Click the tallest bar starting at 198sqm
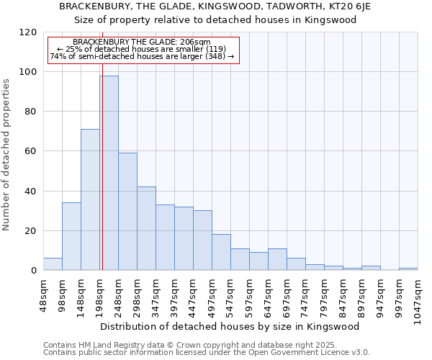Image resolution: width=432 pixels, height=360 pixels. tap(109, 173)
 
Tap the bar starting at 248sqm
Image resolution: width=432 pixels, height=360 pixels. tap(127, 212)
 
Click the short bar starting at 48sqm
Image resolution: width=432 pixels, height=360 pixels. tap(53, 264)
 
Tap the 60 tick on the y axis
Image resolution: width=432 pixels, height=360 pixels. tap(31, 151)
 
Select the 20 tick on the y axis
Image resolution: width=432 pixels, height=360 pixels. tap(31, 231)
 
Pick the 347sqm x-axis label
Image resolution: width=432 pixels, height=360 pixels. tap(156, 296)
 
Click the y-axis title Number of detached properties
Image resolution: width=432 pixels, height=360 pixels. tap(7, 155)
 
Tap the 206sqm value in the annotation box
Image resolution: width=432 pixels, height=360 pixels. tap(194, 42)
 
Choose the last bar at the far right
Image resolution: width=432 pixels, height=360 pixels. tap(408, 269)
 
